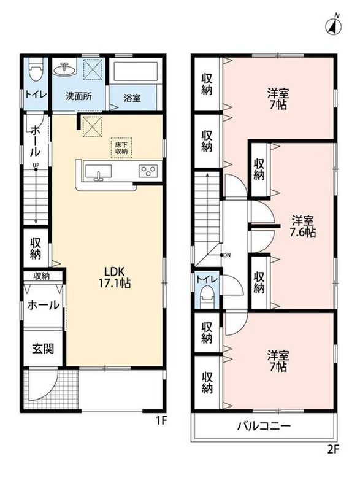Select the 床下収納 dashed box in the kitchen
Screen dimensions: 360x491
tap(121, 148)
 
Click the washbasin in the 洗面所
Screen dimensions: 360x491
tap(64, 69)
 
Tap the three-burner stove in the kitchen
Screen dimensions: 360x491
tap(148, 171)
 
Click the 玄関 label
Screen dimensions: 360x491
tap(43, 349)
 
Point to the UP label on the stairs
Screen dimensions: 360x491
tap(36, 164)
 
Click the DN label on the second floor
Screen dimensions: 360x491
tap(227, 255)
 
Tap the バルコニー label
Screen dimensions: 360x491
tap(264, 426)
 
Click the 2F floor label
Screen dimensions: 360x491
tap(334, 449)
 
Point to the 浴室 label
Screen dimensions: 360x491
tap(132, 98)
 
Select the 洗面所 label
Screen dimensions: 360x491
tap(79, 96)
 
